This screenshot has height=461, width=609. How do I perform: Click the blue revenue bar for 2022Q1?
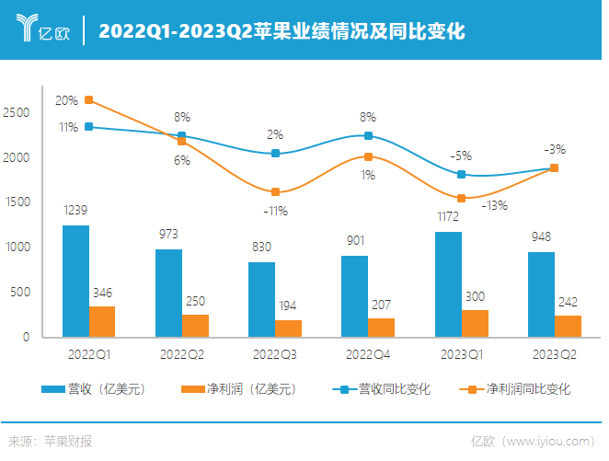75,281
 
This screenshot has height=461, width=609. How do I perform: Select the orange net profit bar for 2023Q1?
475,323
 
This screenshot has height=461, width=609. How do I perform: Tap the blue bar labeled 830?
261,299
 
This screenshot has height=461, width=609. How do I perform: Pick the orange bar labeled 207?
381,327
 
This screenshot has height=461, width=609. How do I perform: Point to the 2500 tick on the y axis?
18,112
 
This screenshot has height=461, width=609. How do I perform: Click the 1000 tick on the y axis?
18,248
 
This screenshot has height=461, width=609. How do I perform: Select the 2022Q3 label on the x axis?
275,354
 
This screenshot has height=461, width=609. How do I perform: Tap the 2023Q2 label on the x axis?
555,354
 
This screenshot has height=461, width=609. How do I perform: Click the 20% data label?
66,100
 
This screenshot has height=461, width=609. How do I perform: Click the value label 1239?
75,211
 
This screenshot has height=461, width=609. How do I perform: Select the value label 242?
568,301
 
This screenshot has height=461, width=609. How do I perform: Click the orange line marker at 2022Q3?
275,191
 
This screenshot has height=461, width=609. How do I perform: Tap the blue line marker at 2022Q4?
368,135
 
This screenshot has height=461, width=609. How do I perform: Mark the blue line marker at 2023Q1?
462,174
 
